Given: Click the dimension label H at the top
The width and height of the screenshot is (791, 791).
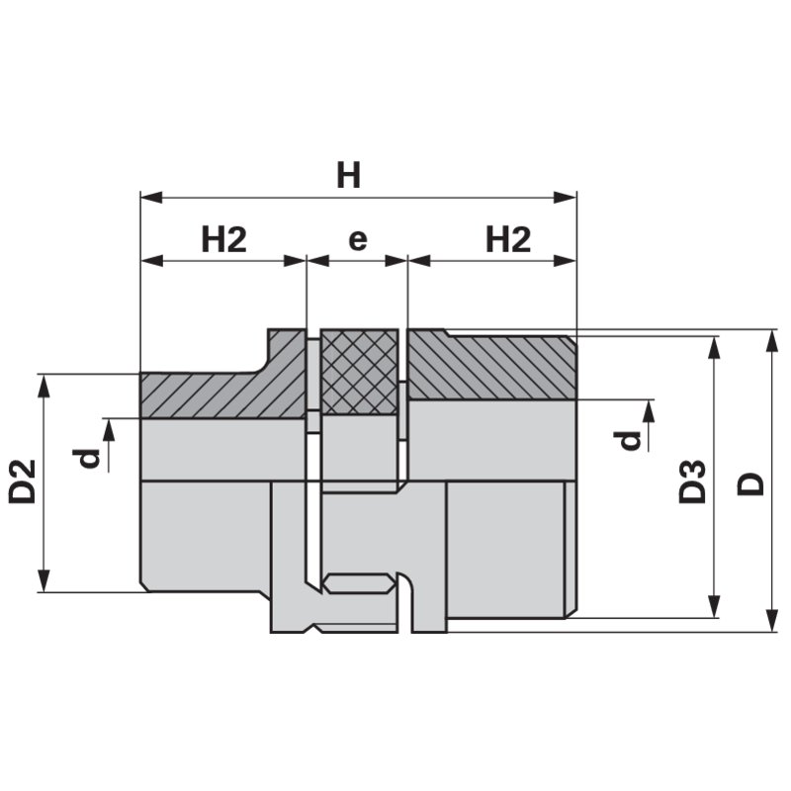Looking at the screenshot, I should pos(348,175).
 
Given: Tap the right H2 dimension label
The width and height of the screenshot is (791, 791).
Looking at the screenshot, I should pos(508,239).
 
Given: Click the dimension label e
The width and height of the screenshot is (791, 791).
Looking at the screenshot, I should pos(357,239).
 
